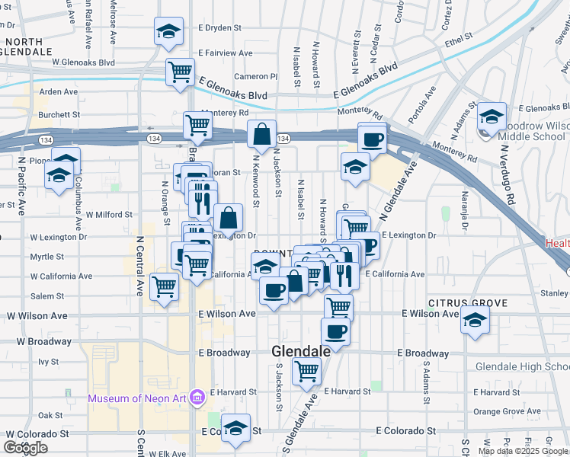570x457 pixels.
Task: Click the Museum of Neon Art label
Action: point(138,398)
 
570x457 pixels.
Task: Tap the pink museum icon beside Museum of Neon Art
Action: point(197,398)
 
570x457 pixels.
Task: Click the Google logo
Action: point(25,448)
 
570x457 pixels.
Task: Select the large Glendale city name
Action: point(302,351)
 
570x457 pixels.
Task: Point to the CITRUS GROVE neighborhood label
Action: point(468,303)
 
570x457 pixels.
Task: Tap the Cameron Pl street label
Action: point(255,76)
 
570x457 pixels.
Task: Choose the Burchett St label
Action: point(59,114)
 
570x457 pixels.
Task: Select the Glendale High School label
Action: point(522,366)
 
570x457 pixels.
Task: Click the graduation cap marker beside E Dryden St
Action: point(168,31)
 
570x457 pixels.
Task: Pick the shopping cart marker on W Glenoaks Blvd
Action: point(181,72)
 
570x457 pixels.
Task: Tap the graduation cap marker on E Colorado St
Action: point(236,428)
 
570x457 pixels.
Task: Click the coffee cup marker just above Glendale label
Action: point(335,331)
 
